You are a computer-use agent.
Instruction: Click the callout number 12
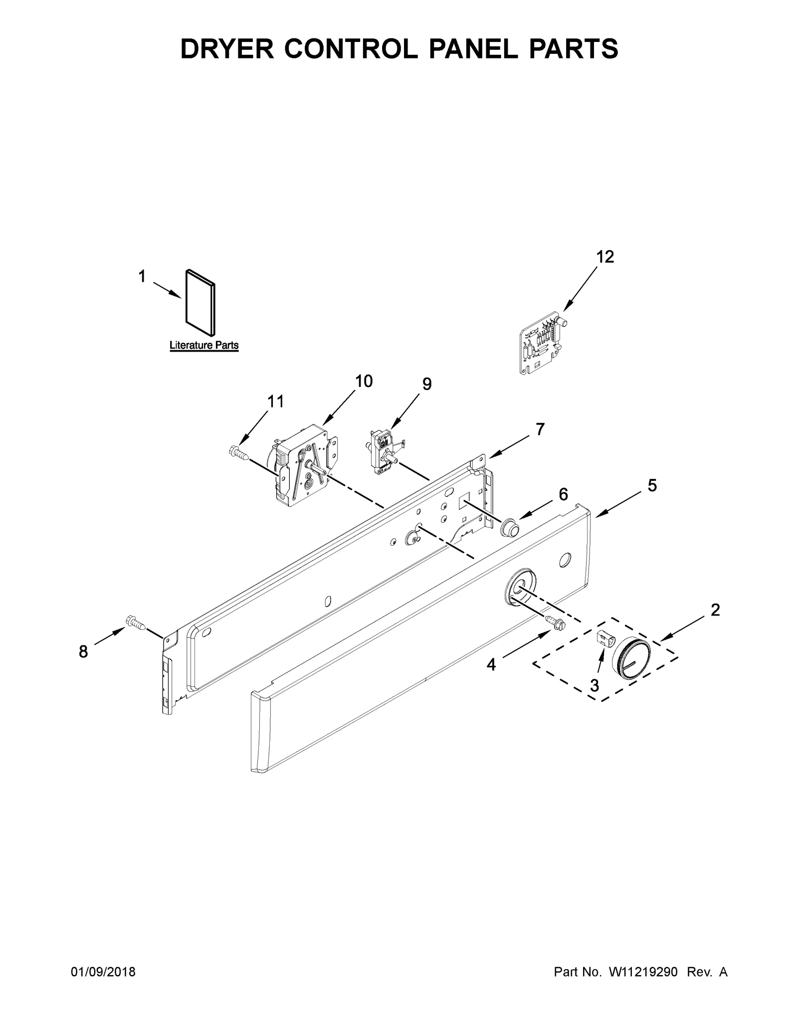pos(605,257)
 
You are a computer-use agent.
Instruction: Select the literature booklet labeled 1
pos(201,302)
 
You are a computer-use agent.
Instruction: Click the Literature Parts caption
pos(204,345)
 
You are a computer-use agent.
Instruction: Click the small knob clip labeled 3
pos(604,638)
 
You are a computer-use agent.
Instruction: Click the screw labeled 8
pos(136,622)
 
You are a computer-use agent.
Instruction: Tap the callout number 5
pos(652,485)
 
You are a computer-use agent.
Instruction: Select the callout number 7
pos(540,429)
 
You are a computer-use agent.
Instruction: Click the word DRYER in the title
pos(227,49)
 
